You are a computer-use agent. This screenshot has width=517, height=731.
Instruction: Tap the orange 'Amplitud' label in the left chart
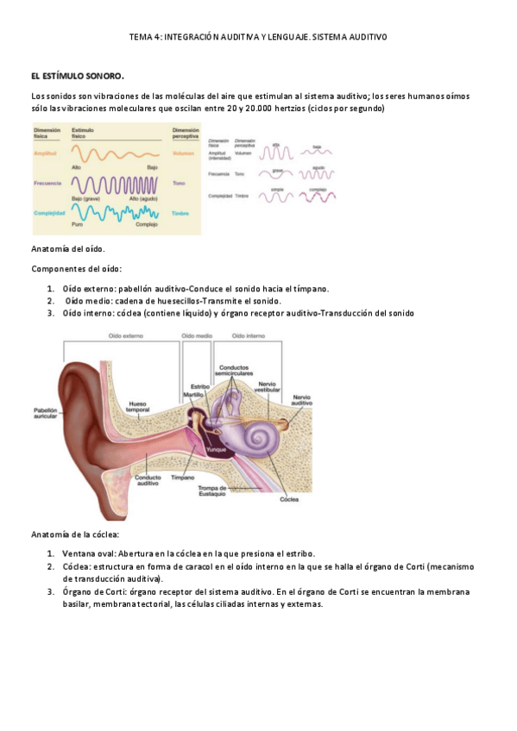[x=45, y=153]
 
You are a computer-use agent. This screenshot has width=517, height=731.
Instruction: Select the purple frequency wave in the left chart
[x=113, y=184]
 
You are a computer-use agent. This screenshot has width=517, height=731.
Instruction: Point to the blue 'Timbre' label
[x=180, y=213]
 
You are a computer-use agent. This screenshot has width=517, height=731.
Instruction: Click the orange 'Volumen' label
[x=182, y=153]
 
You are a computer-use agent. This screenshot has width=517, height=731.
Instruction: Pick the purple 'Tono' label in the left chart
[x=180, y=183]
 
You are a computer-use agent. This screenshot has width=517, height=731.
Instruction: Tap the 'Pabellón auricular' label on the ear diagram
[x=45, y=414]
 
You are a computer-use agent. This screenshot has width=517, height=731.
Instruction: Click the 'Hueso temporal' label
[x=138, y=405]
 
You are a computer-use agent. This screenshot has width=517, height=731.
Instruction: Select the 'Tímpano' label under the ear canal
[x=182, y=477]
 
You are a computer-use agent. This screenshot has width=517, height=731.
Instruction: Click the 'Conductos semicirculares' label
[x=236, y=371]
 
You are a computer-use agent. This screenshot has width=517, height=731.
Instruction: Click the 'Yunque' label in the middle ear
[x=217, y=450]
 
